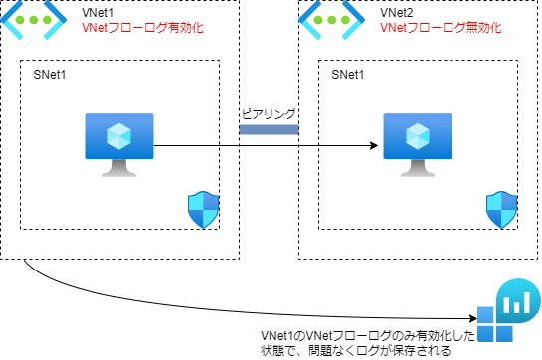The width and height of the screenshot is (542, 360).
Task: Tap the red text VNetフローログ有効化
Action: (x=142, y=29)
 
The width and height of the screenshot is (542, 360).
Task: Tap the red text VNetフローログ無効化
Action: (x=442, y=29)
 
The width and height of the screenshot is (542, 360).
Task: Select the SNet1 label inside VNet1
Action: (x=53, y=75)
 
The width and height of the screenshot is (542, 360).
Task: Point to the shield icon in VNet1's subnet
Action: (x=202, y=211)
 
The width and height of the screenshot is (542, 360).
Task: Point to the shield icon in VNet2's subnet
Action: (x=501, y=211)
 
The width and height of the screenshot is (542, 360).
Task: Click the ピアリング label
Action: (x=269, y=113)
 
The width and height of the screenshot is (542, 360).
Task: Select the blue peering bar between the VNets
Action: (x=269, y=129)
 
